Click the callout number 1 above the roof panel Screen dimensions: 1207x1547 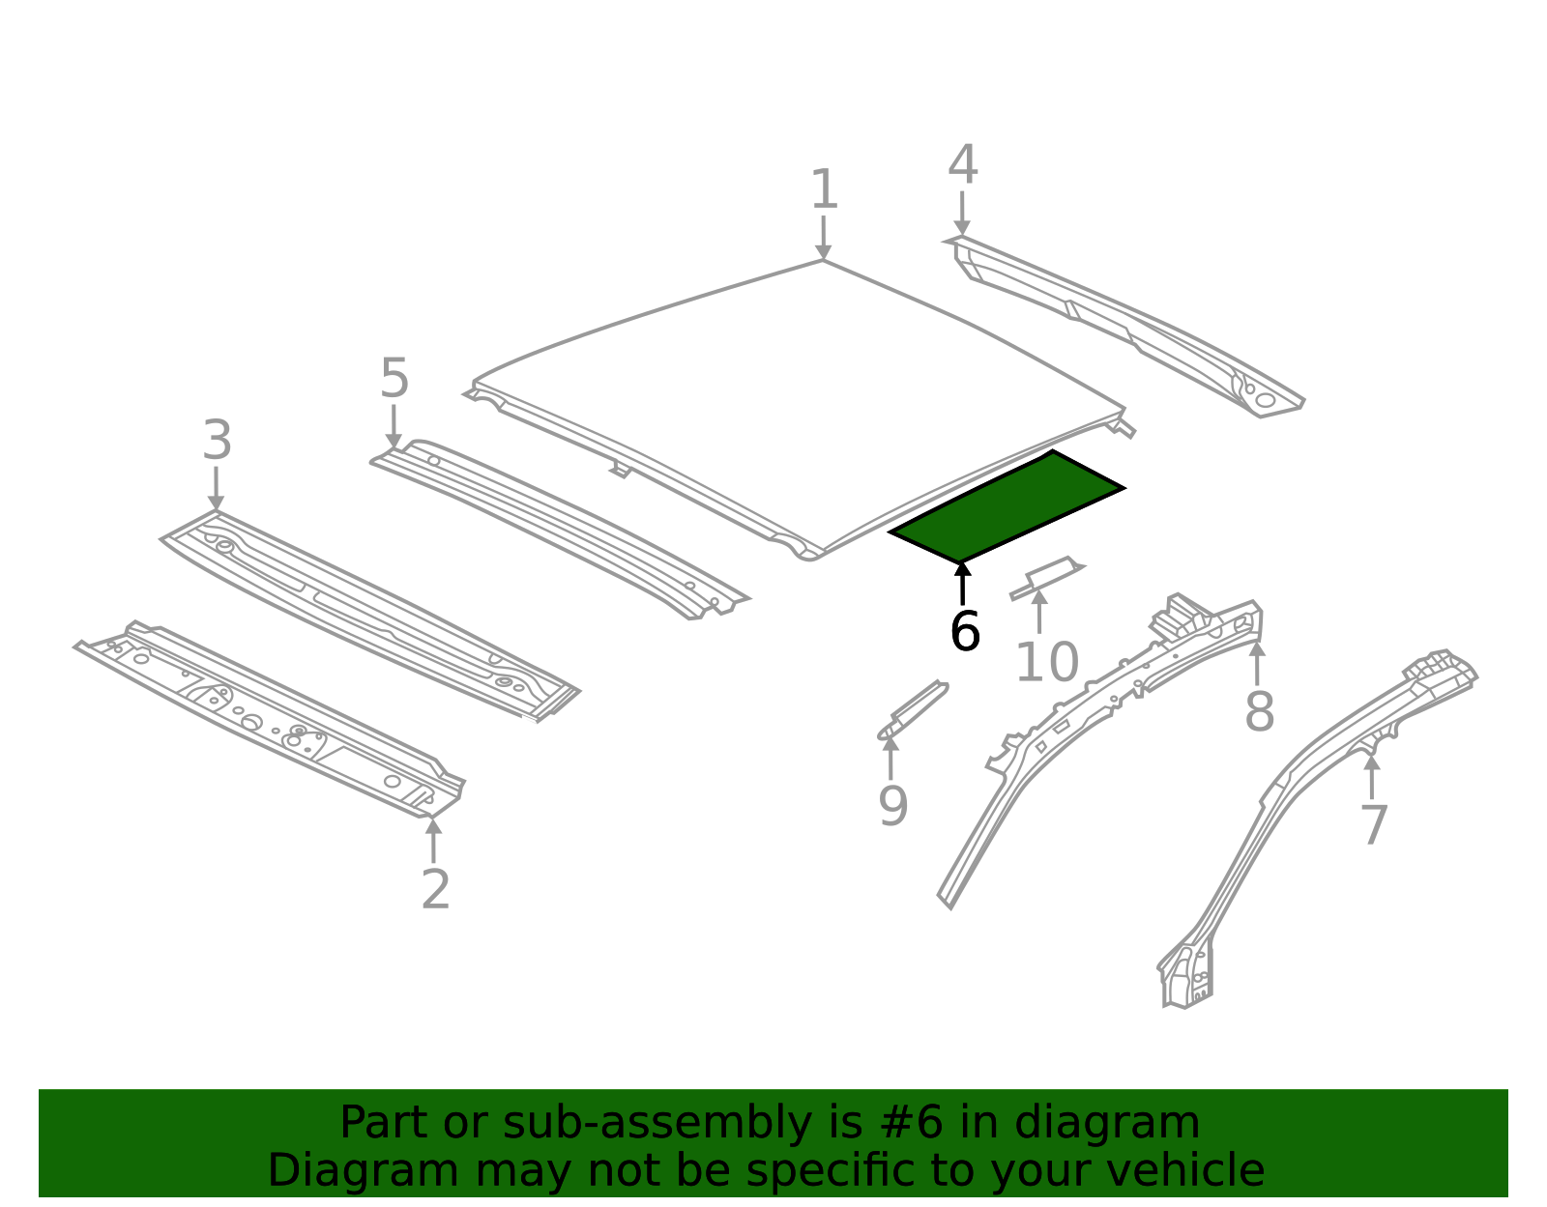[x=823, y=189]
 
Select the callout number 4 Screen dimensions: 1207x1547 [x=962, y=166]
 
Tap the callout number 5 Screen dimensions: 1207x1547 [x=394, y=379]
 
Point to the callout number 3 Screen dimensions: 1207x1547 [x=217, y=442]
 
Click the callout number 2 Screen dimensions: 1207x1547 [x=435, y=890]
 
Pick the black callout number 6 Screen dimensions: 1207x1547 [x=965, y=632]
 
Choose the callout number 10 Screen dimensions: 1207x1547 [x=1046, y=664]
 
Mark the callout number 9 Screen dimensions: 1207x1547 [x=892, y=806]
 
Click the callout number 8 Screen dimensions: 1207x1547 [x=1259, y=712]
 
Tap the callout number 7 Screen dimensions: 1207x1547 [x=1373, y=826]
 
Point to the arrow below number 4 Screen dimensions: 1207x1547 [x=962, y=214]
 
